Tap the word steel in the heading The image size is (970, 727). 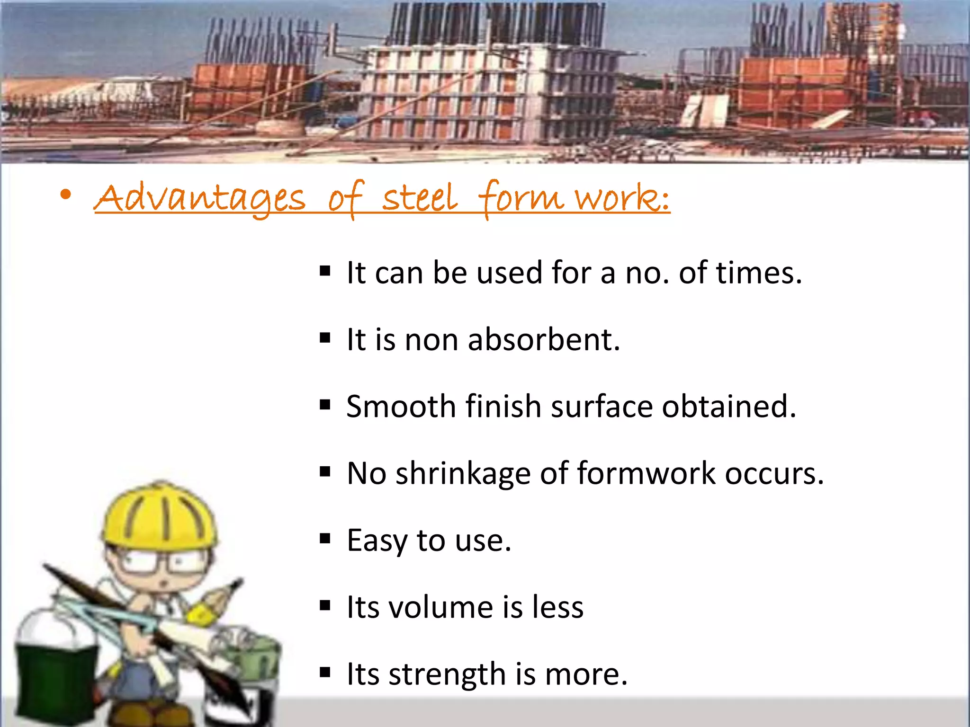click(420, 198)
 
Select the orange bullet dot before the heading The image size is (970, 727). click(66, 195)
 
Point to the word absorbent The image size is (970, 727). click(543, 340)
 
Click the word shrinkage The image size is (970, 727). click(463, 474)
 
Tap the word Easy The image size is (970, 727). click(376, 541)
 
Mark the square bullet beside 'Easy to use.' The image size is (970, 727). click(325, 539)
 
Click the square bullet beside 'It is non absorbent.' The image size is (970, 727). click(325, 338)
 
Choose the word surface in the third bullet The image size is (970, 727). click(602, 407)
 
